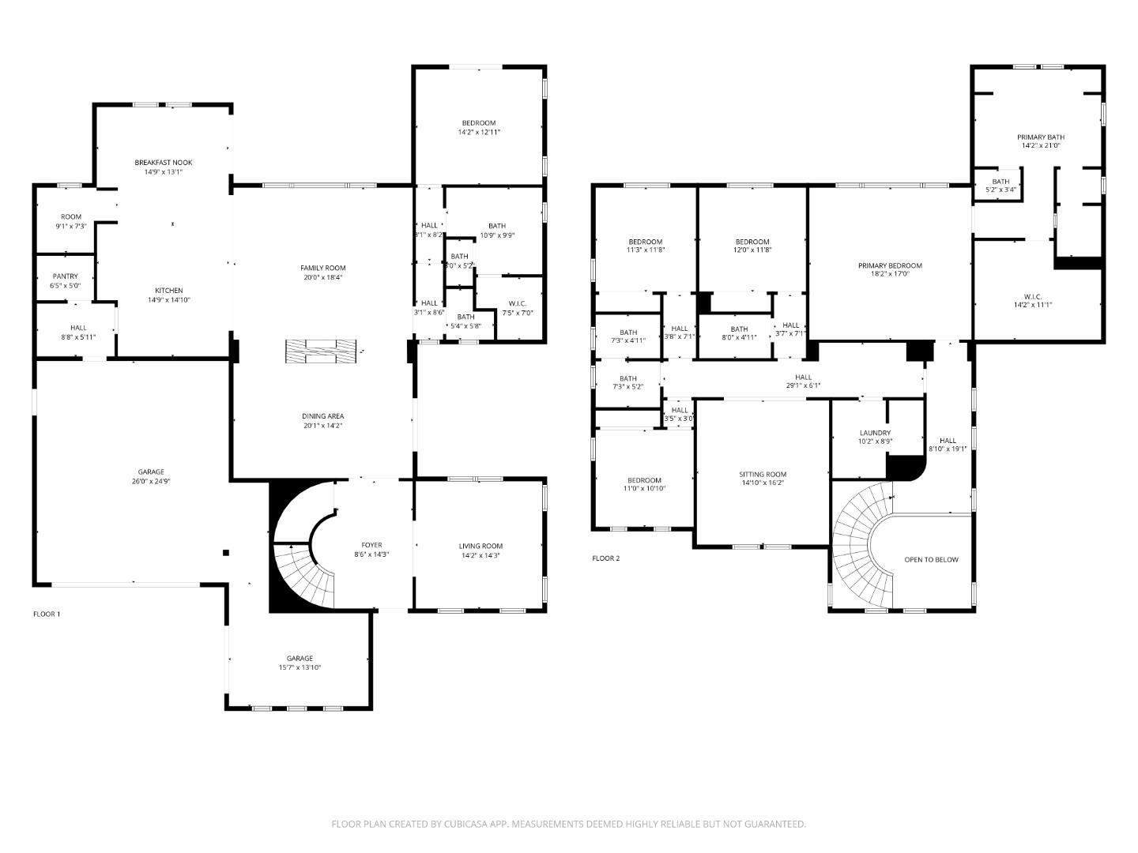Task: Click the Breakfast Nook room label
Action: pos(163,163)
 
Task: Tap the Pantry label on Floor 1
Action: pos(65,276)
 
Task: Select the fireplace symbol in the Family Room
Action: pos(321,351)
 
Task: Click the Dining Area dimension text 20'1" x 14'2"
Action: pos(322,426)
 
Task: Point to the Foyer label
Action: pos(371,545)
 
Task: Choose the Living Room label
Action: pos(480,546)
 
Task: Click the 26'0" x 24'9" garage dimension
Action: pos(151,481)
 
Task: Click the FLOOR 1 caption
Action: pos(47,614)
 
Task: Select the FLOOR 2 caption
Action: pos(606,558)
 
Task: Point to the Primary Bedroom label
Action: pos(890,265)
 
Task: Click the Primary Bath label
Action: pos(1040,137)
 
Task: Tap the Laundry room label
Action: pos(875,433)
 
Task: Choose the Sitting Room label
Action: pos(763,475)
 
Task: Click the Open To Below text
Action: pos(931,559)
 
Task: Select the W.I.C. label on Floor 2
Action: pos(1033,297)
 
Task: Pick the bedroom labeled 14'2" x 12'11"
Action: pos(479,127)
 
